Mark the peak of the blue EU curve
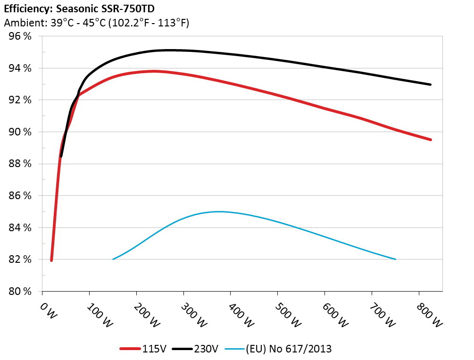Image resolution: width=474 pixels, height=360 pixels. (219, 211)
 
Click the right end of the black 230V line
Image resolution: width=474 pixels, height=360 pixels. (431, 84)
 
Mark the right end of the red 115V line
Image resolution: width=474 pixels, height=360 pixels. (431, 140)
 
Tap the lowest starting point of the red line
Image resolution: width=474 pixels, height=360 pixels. (51, 260)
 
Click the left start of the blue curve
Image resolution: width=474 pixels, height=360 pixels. (113, 259)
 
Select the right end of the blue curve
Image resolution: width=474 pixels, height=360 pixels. (395, 259)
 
